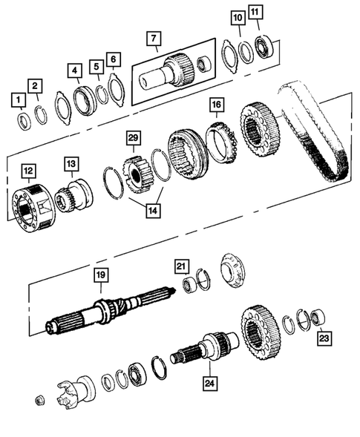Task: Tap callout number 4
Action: [x=74, y=71]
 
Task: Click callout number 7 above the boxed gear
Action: [x=153, y=39]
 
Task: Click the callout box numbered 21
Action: [x=181, y=266]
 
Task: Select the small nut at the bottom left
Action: [x=40, y=401]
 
